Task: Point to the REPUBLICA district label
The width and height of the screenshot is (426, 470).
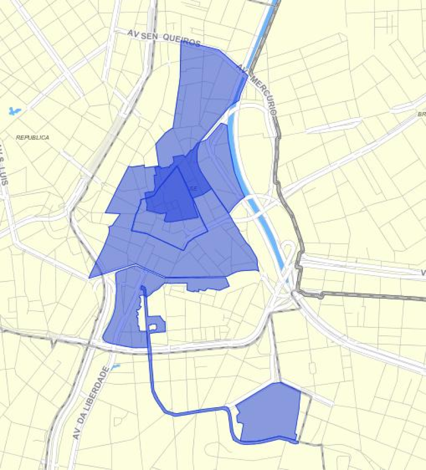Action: click(32, 137)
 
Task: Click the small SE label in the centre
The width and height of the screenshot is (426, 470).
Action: click(193, 188)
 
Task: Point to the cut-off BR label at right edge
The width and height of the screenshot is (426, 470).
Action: click(421, 114)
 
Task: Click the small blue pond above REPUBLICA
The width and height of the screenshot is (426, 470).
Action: click(14, 111)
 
